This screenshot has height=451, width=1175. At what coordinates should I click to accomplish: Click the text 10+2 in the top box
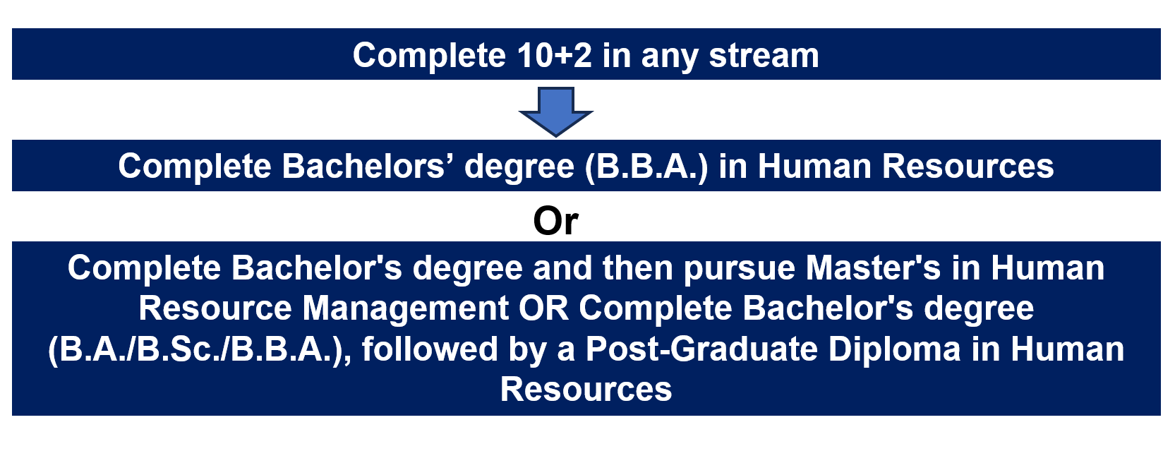[x=554, y=55]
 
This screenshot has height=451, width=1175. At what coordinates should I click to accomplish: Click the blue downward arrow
[x=556, y=112]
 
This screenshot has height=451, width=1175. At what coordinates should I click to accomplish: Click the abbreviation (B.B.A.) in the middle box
[x=646, y=167]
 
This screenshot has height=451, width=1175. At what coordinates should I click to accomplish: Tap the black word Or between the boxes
[x=555, y=221]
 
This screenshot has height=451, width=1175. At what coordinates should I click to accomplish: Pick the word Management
[x=406, y=309]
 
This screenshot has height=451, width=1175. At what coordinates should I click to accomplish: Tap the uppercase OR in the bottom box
[x=544, y=308]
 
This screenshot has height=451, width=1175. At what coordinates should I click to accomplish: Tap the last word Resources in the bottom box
[x=586, y=389]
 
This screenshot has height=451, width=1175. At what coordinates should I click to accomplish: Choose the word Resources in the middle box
[x=968, y=167]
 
